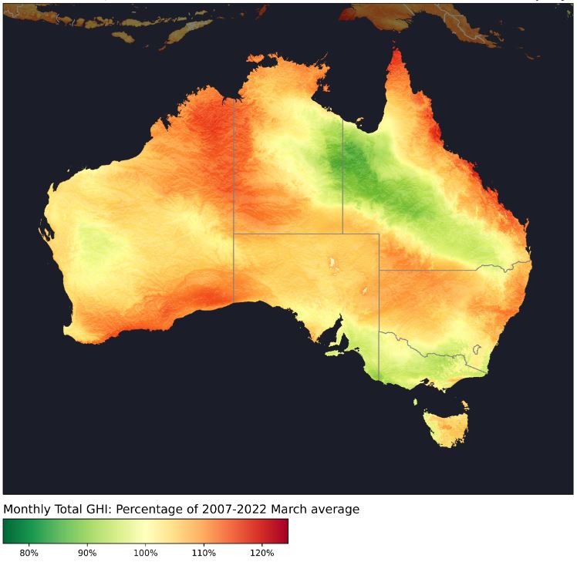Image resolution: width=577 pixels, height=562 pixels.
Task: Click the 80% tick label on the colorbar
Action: [29, 552]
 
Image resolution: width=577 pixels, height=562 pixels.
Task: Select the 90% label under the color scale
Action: [87, 552]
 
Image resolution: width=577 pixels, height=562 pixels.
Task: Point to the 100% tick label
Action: [145, 552]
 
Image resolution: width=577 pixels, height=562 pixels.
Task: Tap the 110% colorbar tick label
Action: [204, 552]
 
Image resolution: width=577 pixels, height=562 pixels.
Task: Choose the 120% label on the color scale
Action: [262, 552]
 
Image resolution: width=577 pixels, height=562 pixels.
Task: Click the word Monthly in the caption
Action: [29, 510]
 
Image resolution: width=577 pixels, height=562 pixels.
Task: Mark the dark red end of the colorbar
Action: [284, 531]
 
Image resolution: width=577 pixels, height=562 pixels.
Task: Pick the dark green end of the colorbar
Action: [8, 531]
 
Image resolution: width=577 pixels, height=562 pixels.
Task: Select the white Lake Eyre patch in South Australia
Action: [332, 264]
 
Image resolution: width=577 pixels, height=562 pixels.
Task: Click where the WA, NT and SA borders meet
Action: [234, 233]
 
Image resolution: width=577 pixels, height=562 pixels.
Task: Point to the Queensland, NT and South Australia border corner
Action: [342, 233]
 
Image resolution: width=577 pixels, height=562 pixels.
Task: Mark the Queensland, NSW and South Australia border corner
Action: [379, 270]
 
